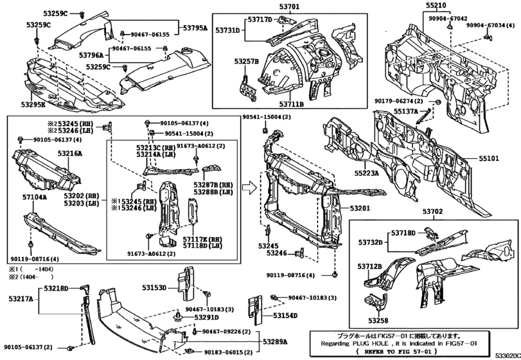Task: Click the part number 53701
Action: [289, 7]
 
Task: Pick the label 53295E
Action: [33, 104]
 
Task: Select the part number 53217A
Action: [20, 299]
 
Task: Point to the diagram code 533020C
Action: [506, 354]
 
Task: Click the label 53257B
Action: [247, 62]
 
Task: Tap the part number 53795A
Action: [195, 28]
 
